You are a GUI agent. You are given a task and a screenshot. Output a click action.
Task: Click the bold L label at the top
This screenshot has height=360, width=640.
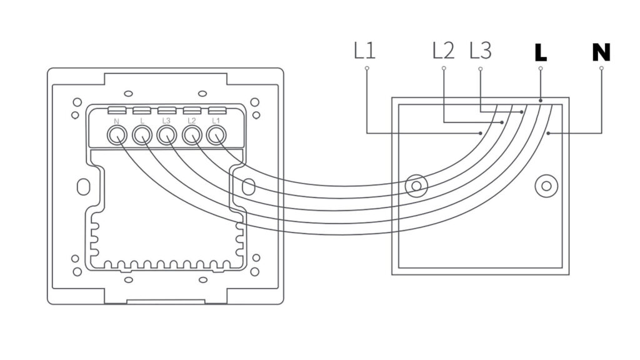coord(541,52)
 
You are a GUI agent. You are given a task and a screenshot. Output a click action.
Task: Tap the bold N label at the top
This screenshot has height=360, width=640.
coord(601,52)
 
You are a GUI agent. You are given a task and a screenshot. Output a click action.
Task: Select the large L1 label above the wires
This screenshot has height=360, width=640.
coord(364,51)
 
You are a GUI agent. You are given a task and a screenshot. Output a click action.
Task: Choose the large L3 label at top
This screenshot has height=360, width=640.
coord(479,51)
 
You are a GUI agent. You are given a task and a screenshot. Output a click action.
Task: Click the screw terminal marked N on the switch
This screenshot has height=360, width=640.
coord(116,134)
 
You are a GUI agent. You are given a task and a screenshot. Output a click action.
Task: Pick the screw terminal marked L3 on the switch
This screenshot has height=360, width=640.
coord(166,134)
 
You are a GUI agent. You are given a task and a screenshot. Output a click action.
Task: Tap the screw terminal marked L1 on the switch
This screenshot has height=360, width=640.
coord(216,134)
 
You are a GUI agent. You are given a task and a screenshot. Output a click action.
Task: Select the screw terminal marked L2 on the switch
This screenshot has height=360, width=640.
coord(191,134)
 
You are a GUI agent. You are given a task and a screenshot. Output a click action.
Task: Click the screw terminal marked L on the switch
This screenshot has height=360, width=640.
coord(142,134)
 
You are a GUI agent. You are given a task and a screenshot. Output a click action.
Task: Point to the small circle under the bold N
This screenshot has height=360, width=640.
coord(601,68)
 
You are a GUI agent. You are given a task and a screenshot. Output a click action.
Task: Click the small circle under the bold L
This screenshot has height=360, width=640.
coord(541,68)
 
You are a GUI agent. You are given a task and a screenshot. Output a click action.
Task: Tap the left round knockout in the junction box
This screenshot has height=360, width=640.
coord(416,186)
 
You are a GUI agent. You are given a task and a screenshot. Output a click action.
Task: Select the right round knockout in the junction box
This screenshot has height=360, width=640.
coord(546,185)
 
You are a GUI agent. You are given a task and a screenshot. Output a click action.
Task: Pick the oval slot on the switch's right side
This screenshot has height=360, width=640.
coord(248,186)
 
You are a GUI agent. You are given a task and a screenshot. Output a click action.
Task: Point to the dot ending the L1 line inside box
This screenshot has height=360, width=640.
coord(480,133)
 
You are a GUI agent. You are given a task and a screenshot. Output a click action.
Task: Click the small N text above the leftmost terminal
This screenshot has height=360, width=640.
coord(117,119)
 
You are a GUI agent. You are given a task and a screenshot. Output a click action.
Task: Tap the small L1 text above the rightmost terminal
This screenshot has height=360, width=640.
coord(216,119)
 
